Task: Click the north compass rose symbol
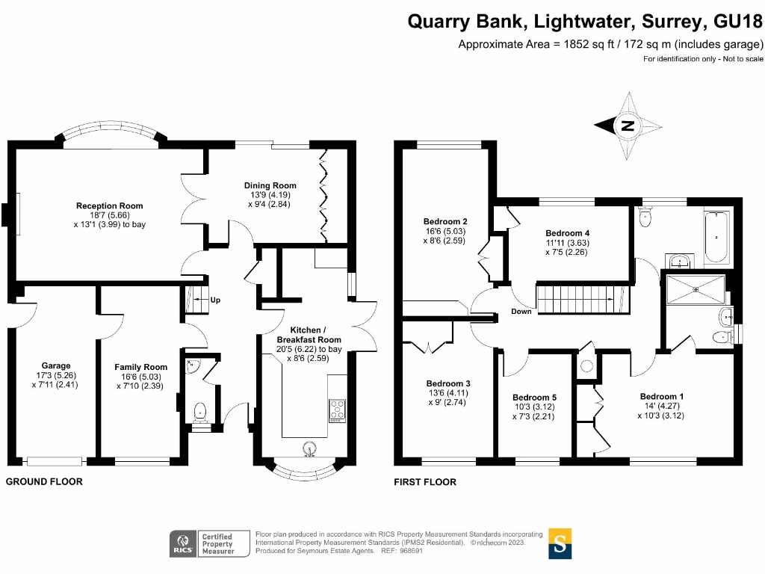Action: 628,126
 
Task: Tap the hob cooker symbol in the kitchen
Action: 337,410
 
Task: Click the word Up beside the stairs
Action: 216,300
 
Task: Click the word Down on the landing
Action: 521,311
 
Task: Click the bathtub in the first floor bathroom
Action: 715,237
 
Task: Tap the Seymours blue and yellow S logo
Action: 560,543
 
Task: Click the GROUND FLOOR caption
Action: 44,482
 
